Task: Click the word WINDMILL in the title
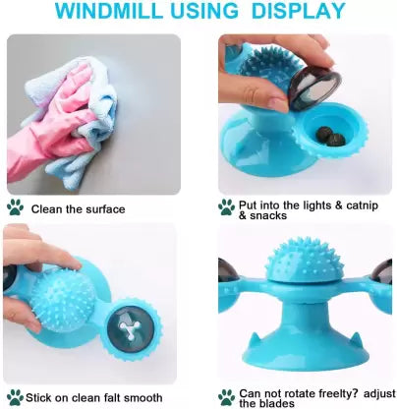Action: pos(109,11)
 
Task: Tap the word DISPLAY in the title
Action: pos(299,11)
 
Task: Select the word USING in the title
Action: pos(204,11)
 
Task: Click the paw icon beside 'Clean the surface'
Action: pos(15,207)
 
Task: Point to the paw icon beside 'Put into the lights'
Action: pos(226,207)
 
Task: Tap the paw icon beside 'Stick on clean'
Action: pos(15,397)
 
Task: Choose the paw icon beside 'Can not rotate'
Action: pos(227,397)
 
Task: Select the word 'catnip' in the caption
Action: pos(362,205)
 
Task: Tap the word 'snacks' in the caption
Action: pos(268,215)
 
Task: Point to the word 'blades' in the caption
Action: pos(276,403)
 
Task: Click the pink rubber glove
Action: pos(49,121)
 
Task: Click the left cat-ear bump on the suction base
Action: pos(254,339)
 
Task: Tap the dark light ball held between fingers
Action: pos(315,87)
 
